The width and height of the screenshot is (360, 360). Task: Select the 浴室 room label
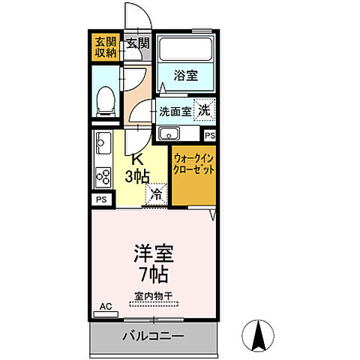pyautogui.click(x=185, y=75)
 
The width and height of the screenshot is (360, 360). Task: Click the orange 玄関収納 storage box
pyautogui.click(x=105, y=46)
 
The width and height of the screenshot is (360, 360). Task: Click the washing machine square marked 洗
pyautogui.click(x=203, y=109)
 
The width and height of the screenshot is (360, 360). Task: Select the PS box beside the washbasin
pyautogui.click(x=209, y=135)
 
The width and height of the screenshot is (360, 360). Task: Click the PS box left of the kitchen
pyautogui.click(x=100, y=199)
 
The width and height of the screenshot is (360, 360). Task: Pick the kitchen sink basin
pyautogui.click(x=103, y=142)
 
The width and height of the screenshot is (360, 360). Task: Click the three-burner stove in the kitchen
pyautogui.click(x=102, y=175)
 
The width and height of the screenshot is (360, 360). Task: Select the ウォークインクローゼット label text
pyautogui.click(x=194, y=165)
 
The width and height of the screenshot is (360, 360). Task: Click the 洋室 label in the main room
pyautogui.click(x=154, y=253)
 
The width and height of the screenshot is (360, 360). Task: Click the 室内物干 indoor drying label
pyautogui.click(x=154, y=296)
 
